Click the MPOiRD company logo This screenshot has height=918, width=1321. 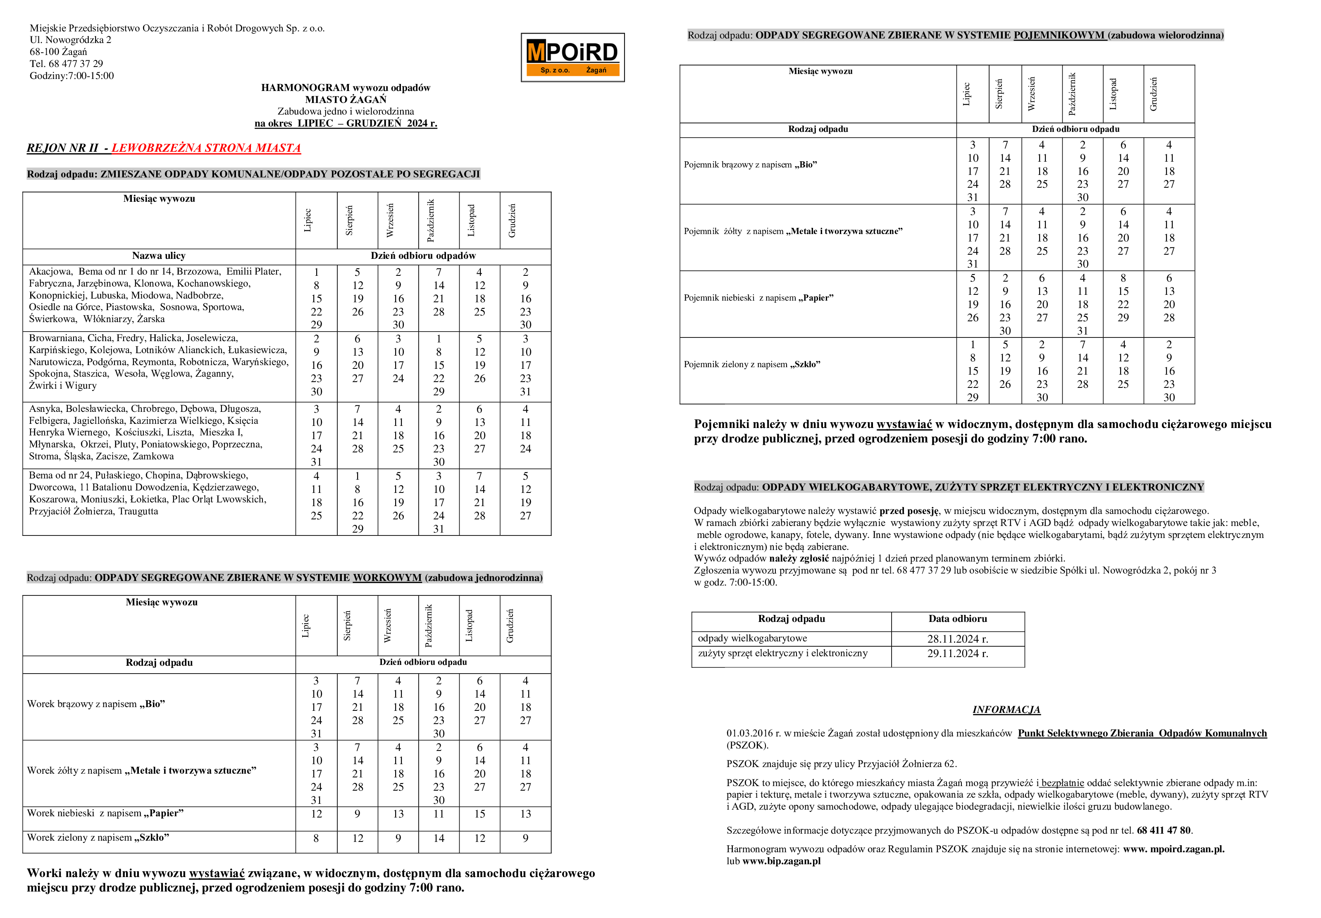(x=572, y=57)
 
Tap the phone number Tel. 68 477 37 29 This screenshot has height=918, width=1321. (x=66, y=64)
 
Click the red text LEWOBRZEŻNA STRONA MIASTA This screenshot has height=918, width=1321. (x=206, y=148)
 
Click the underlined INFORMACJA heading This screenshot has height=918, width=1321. (x=1006, y=710)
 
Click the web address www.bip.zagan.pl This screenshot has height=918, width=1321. (x=781, y=861)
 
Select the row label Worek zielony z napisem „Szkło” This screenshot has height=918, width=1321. (x=98, y=837)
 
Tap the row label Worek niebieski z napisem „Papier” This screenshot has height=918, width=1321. (x=105, y=813)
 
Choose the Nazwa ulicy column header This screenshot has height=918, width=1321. (x=159, y=256)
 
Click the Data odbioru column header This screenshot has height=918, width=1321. (x=957, y=619)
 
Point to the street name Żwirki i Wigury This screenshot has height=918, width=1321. (x=63, y=386)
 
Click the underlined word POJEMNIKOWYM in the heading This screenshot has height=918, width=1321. (x=1059, y=35)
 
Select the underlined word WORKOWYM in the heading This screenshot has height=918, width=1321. (x=387, y=578)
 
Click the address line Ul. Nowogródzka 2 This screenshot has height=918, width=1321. (x=70, y=40)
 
